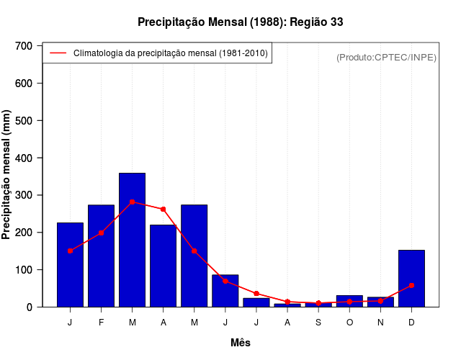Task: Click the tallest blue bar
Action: (132, 240)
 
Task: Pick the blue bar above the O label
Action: (349, 301)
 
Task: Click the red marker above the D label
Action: (411, 285)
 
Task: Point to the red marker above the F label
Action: (101, 233)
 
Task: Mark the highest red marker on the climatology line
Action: (132, 202)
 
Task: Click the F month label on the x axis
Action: (101, 323)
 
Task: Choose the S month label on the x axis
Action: (318, 323)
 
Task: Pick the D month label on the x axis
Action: (411, 323)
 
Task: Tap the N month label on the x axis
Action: (380, 323)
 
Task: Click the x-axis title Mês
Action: (241, 343)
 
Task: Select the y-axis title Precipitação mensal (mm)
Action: (7, 175)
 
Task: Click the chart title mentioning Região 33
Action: (241, 22)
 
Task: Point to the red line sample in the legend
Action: (58, 53)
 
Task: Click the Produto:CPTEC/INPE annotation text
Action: (387, 57)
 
